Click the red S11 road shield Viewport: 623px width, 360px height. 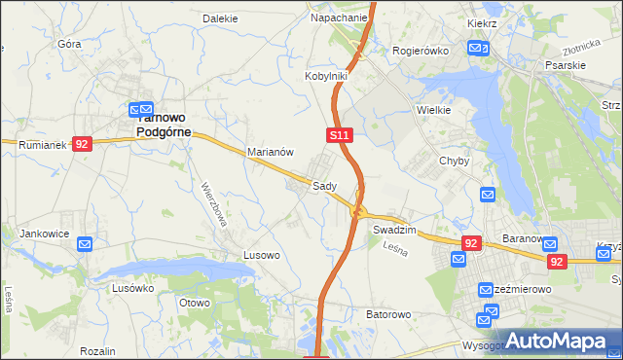(338, 135)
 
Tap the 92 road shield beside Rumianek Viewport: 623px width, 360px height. (82, 144)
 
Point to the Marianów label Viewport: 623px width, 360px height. (271, 153)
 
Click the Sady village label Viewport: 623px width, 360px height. (324, 186)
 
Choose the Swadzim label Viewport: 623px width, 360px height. (394, 230)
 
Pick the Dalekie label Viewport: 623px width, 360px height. (220, 18)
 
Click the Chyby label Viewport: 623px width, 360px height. (455, 162)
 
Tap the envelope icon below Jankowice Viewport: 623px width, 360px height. (85, 244)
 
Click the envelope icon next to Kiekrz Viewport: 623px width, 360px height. (476, 48)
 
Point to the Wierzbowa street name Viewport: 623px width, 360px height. (214, 203)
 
